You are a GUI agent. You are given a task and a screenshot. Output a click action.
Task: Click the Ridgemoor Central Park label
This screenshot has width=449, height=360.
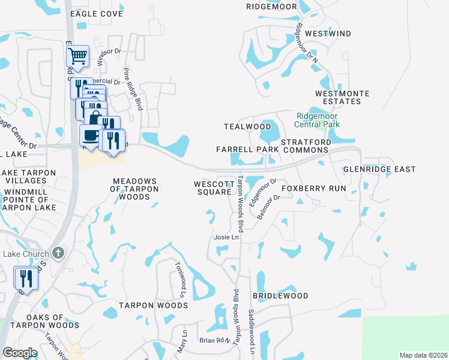pos(317,120)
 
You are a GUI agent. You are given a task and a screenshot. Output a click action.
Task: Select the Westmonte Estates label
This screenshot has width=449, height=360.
pos(342,98)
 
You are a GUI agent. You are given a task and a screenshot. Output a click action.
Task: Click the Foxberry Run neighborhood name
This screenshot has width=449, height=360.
pos(314,188)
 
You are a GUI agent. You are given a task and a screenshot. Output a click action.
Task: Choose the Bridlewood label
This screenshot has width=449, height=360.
pos(280,296)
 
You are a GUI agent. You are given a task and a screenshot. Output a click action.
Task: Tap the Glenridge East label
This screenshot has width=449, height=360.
pos(379,169)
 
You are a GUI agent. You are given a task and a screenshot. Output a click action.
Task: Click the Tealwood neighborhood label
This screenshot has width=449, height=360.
pos(247,127)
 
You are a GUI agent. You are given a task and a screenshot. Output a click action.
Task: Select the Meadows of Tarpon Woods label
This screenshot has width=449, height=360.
pos(135,188)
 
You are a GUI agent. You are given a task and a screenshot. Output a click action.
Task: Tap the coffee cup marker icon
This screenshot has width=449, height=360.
pos(91,135)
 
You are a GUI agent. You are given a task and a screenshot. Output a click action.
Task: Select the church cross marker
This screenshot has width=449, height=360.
pos(58,253)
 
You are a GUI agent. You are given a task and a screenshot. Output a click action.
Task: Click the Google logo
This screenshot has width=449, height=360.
pos(20,352)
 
